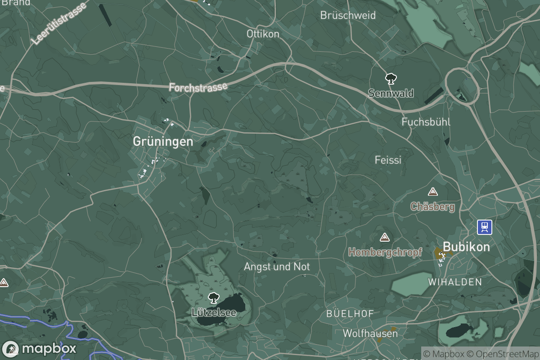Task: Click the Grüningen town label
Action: tap(163, 141)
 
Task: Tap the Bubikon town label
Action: tap(466, 247)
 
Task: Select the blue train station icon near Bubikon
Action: tap(485, 227)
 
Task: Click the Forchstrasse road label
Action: tap(198, 86)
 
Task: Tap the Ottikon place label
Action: tap(263, 34)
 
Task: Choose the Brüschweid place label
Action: tap(348, 15)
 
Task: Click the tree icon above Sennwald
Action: tap(391, 79)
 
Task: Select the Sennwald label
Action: tap(391, 93)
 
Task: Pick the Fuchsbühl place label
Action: tap(426, 122)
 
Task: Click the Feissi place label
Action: tap(388, 160)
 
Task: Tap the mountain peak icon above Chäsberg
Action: tap(433, 192)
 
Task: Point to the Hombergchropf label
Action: tap(385, 252)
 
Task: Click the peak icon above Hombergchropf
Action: tap(384, 237)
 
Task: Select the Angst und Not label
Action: tap(277, 267)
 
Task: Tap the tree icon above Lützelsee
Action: tap(213, 297)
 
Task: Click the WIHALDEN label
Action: tap(455, 282)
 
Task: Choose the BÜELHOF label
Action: tap(350, 313)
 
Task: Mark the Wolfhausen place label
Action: tap(370, 333)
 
